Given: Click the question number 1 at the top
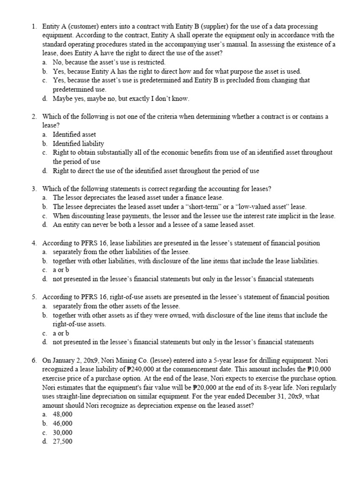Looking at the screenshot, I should click(34, 27).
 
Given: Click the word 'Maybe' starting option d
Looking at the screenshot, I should click(62, 98).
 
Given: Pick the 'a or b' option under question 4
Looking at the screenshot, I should click(61, 270).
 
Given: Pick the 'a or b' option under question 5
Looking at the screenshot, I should click(61, 333).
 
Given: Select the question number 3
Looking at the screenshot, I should click(34, 188).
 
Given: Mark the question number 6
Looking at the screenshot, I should click(34, 360).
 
